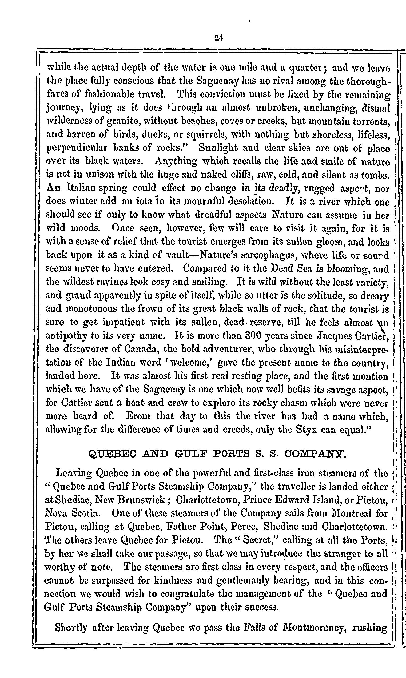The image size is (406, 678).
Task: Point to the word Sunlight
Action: click(222, 148)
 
